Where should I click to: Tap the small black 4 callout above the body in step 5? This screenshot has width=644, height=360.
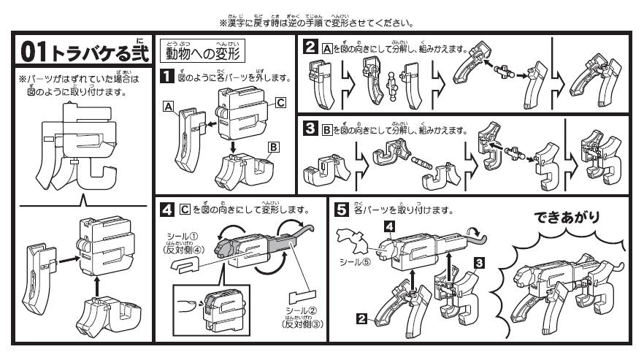(391, 227)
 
